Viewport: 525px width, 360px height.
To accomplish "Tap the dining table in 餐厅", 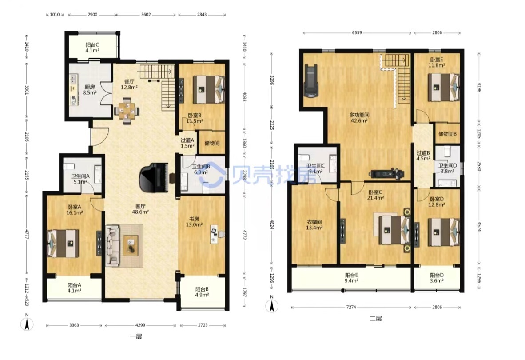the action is pyautogui.click(x=127, y=111).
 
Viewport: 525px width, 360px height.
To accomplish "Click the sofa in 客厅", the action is pyautogui.click(x=112, y=246).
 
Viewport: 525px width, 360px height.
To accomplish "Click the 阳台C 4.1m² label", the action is pyautogui.click(x=92, y=48).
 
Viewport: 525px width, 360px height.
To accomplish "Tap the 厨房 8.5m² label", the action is pyautogui.click(x=90, y=90).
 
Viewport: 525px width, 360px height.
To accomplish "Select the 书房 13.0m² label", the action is pyautogui.click(x=194, y=222).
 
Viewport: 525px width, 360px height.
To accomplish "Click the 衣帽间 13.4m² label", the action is pyautogui.click(x=314, y=225).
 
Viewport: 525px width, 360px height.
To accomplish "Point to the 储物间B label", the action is pyautogui.click(x=447, y=134).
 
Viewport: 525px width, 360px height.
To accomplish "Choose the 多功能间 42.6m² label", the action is pyautogui.click(x=359, y=118).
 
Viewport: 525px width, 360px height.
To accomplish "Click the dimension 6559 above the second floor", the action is pyautogui.click(x=357, y=33).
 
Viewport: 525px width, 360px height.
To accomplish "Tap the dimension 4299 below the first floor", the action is pyautogui.click(x=140, y=325).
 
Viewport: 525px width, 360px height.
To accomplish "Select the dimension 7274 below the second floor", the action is pyautogui.click(x=351, y=307).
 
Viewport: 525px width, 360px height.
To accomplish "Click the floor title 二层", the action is pyautogui.click(x=376, y=319).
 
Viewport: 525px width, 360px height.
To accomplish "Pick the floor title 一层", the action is pyautogui.click(x=135, y=336).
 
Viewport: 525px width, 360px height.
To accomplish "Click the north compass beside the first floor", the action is pyautogui.click(x=27, y=323).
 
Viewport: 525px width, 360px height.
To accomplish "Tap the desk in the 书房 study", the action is pyautogui.click(x=214, y=234).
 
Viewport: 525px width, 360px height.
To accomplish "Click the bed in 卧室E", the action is pyautogui.click(x=444, y=87).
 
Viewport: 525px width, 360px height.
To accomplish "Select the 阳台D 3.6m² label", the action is pyautogui.click(x=437, y=278).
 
